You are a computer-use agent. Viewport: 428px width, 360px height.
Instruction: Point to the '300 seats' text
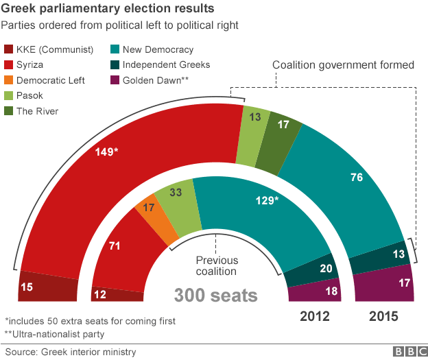point(215,296)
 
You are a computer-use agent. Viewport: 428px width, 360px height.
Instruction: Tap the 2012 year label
point(316,317)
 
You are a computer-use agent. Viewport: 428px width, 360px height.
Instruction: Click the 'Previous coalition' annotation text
point(216,266)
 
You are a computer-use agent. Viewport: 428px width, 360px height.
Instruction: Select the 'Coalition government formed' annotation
point(343,66)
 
